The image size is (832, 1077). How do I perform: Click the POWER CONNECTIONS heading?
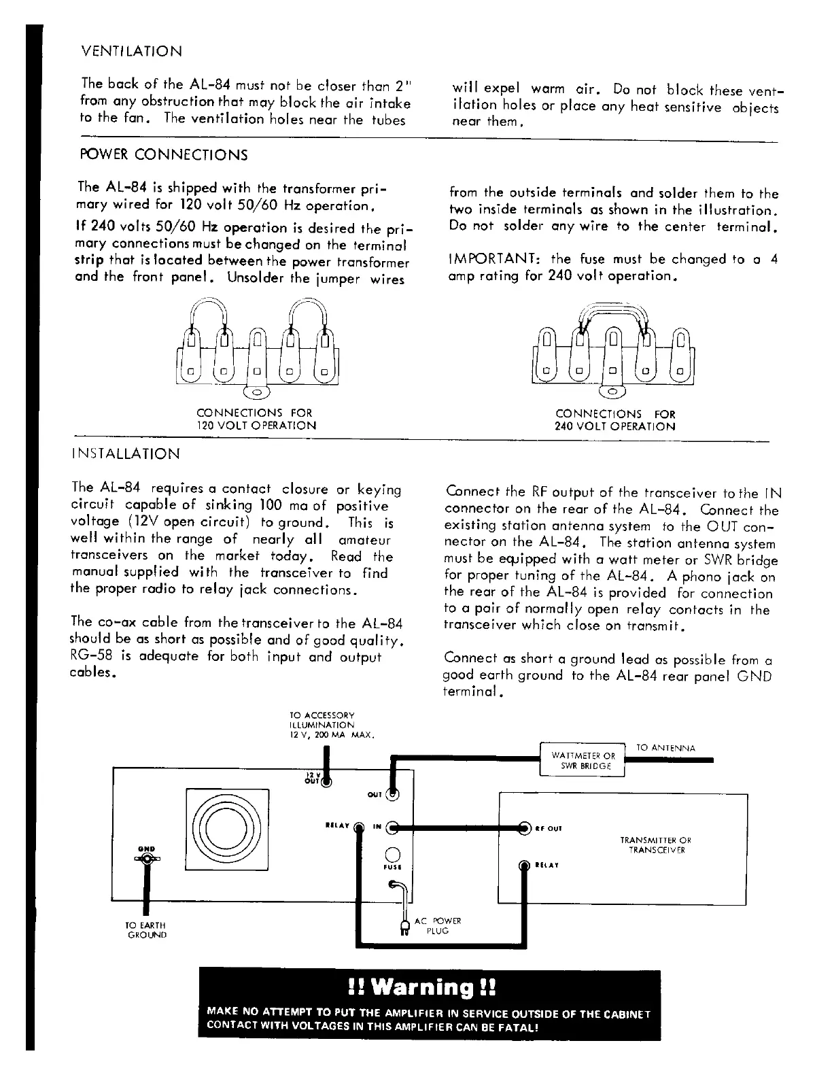point(164,155)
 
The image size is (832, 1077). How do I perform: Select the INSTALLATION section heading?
point(126,454)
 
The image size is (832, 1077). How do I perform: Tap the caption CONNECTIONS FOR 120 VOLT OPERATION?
point(256,420)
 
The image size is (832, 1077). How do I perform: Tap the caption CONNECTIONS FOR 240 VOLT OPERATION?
point(615,420)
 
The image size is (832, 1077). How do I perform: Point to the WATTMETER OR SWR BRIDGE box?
point(583,760)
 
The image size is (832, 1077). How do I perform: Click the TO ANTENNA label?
point(665,748)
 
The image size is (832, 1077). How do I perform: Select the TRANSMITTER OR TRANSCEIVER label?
point(655,845)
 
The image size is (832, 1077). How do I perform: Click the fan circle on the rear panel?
point(227,830)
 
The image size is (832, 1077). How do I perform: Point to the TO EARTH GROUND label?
point(146,930)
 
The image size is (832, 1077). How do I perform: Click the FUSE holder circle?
point(393,854)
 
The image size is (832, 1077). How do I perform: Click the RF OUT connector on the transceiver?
point(524,828)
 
